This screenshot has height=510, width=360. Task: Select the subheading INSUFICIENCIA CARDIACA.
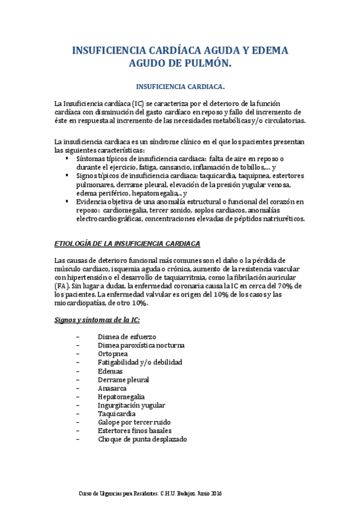(x=180, y=85)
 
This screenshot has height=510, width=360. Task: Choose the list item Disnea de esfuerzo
(x=127, y=337)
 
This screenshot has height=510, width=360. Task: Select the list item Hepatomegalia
(x=121, y=397)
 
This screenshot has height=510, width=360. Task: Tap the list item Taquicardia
(x=117, y=414)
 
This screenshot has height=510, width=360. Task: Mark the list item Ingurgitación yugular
(x=131, y=405)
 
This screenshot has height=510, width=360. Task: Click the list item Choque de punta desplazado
(x=142, y=440)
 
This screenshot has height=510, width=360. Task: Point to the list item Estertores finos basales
(x=135, y=431)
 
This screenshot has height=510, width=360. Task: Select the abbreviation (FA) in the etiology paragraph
(x=60, y=286)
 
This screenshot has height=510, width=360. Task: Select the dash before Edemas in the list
(x=79, y=371)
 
